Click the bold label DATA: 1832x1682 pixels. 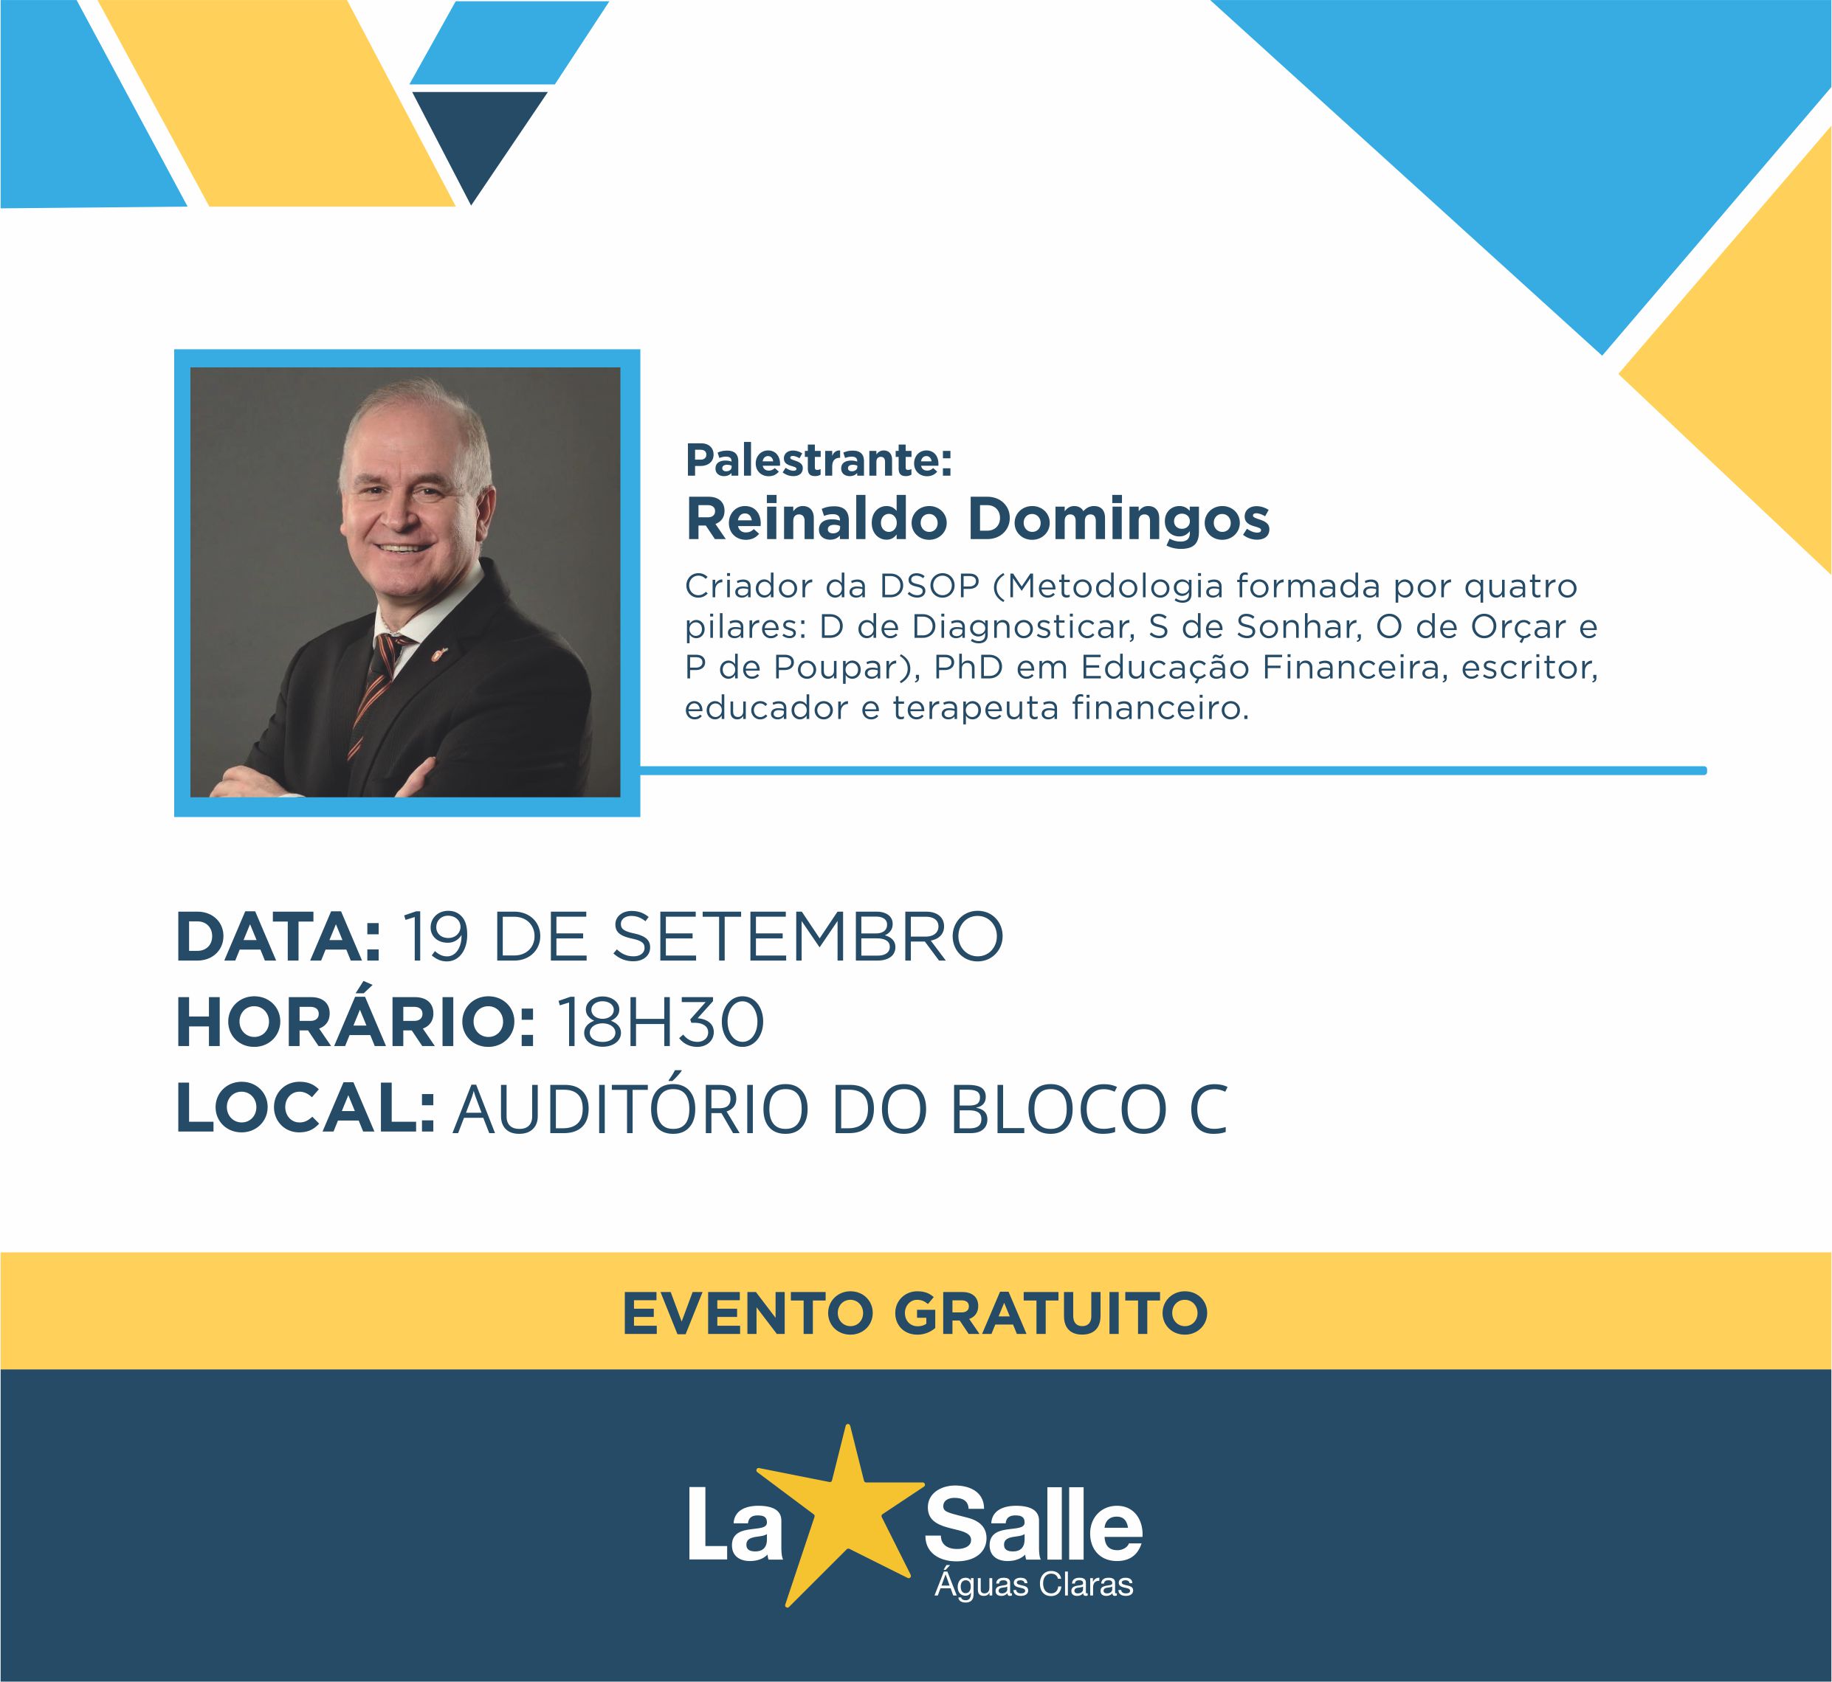coord(278,938)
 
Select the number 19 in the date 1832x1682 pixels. coord(435,938)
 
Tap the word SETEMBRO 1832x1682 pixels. coord(807,938)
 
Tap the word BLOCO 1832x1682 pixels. coord(1058,1110)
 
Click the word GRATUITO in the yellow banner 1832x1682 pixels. coord(1051,1313)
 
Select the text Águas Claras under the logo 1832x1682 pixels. coord(1033,1585)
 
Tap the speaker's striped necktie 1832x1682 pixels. coord(375,692)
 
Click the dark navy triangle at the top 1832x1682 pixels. coord(476,136)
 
